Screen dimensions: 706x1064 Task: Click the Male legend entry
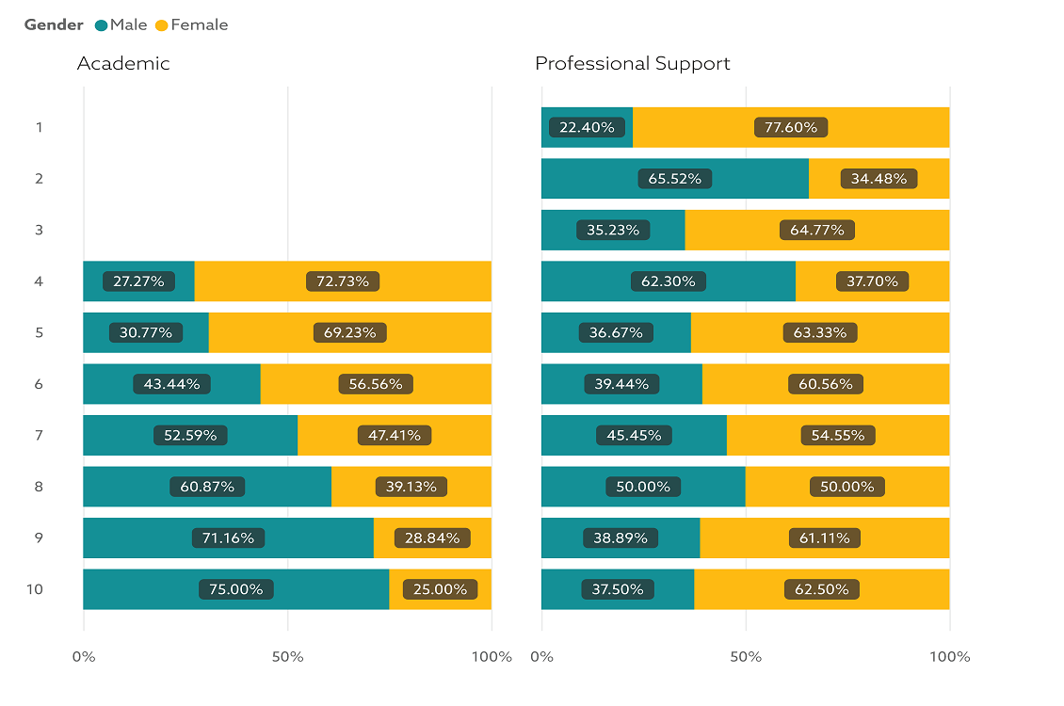[128, 24]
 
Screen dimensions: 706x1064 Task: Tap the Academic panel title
[123, 63]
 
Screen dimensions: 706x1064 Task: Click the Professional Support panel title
[632, 63]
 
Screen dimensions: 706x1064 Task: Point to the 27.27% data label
[138, 281]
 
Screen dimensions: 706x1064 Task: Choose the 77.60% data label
[791, 127]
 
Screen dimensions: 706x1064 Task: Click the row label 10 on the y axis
[35, 589]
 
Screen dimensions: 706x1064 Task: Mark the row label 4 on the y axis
[39, 281]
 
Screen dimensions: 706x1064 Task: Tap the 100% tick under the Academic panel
[491, 656]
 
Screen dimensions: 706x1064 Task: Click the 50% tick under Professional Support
[746, 656]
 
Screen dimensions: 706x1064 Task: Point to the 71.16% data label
[228, 538]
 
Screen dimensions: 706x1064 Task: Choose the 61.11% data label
[825, 538]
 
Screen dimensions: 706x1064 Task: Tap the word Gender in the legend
[54, 24]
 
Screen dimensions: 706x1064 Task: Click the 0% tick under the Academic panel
[84, 656]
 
